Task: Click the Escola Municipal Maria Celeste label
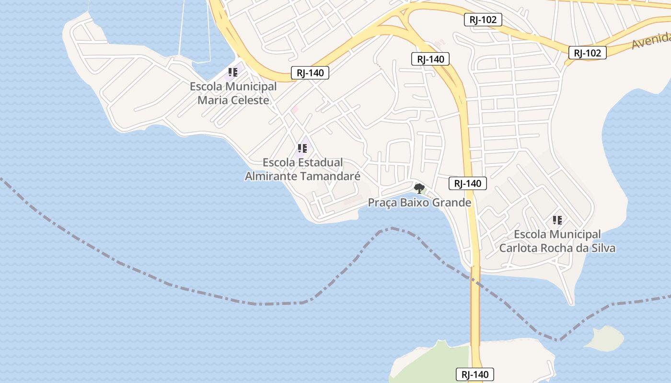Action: (x=233, y=93)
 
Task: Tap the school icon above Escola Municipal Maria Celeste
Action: (x=232, y=73)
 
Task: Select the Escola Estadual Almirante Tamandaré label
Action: (x=302, y=169)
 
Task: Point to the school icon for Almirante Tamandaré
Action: (x=302, y=148)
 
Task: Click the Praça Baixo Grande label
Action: (x=419, y=203)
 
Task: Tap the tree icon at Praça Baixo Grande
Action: (x=419, y=188)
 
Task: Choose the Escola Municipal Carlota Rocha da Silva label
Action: (x=557, y=241)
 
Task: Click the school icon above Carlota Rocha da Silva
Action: (x=557, y=220)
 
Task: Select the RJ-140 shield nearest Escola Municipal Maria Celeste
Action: (x=310, y=73)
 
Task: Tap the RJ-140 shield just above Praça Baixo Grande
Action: (x=468, y=183)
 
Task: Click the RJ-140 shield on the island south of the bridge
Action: (x=474, y=374)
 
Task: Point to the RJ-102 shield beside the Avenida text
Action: (x=587, y=53)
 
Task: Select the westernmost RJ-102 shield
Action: (x=483, y=20)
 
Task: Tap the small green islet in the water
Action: (x=604, y=338)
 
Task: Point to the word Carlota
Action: (x=518, y=248)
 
